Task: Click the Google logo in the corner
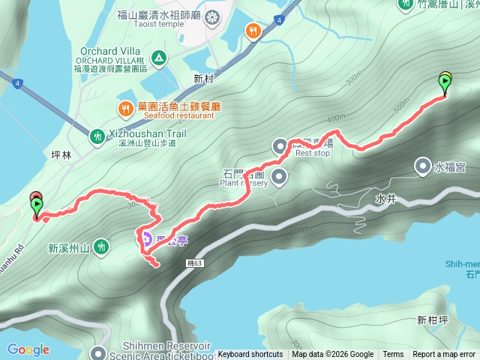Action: tap(28, 349)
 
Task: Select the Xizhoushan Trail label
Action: tap(143, 132)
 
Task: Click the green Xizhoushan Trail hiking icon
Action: tap(97, 136)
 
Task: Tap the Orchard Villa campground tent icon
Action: tap(159, 58)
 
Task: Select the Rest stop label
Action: tap(313, 152)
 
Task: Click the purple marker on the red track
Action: tap(146, 239)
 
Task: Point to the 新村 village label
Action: tap(203, 78)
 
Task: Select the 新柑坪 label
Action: tap(432, 320)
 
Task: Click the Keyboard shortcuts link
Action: tap(250, 354)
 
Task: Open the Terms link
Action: tap(393, 354)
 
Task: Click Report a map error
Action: tap(444, 354)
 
